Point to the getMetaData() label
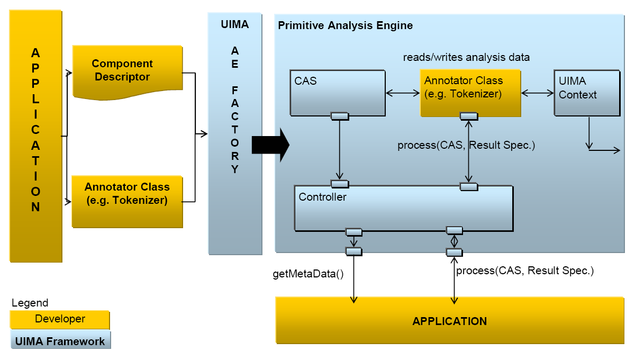[308, 274]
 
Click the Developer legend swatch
[60, 320]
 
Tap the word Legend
[30, 303]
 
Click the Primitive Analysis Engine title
[345, 25]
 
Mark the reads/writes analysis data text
[466, 57]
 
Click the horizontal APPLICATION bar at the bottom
[449, 321]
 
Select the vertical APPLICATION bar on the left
[35, 136]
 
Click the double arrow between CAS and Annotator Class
[403, 93]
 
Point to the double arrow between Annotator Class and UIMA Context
[537, 93]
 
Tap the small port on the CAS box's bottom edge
[339, 116]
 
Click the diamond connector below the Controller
[454, 241]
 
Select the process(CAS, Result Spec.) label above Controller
[466, 145]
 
